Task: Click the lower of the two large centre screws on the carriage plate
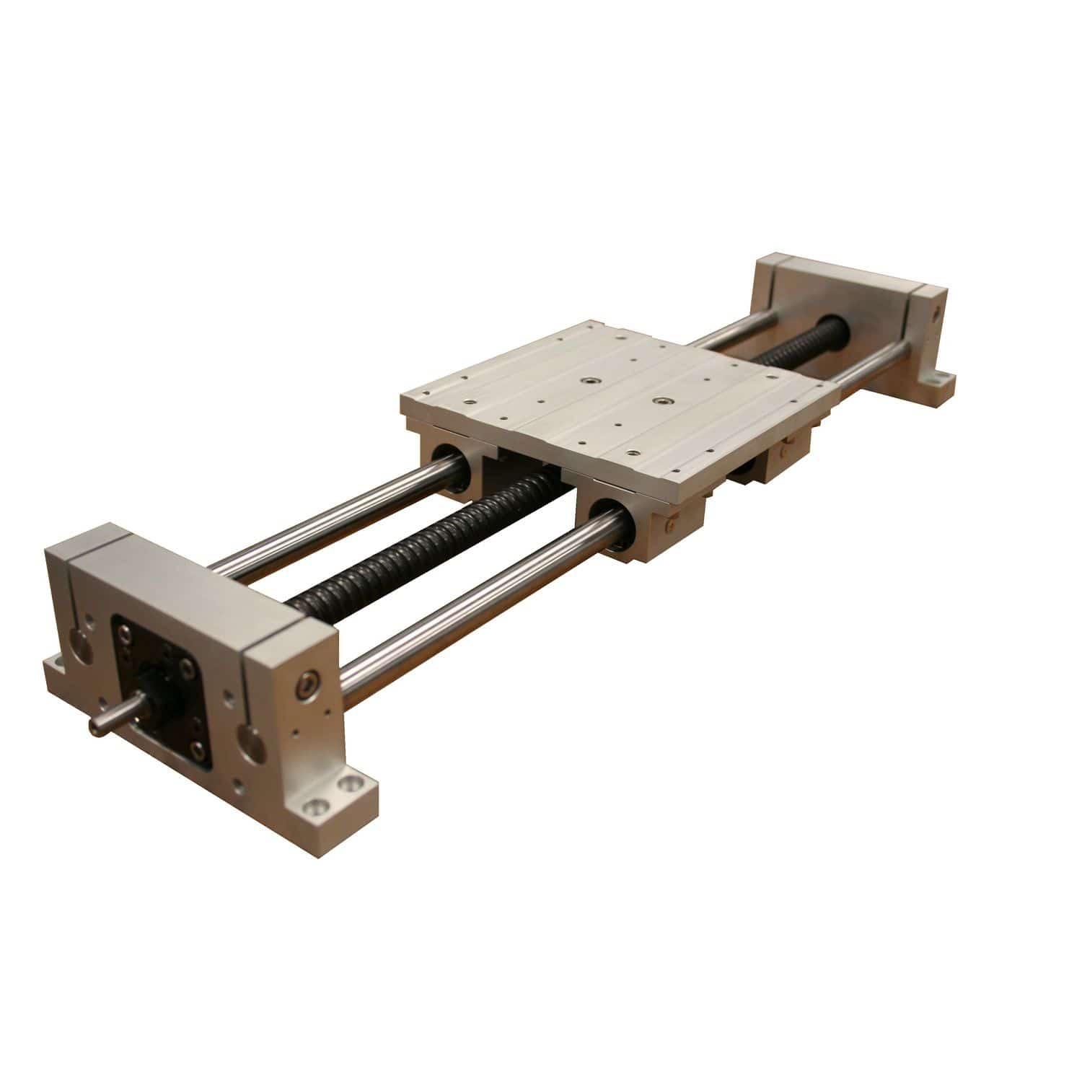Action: (657, 399)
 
